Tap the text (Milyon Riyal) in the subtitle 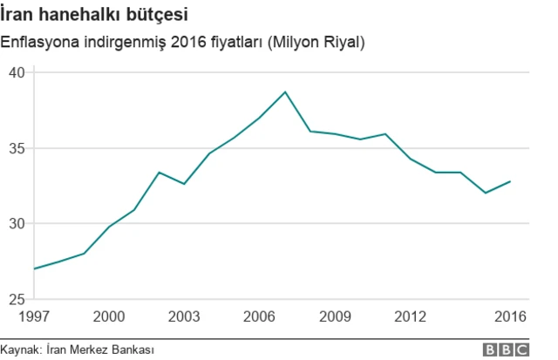(316, 42)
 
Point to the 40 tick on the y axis (15, 72)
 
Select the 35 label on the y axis (15, 148)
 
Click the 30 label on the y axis (15, 223)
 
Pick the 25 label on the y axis (15, 299)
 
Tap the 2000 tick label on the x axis (109, 316)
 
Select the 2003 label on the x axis (184, 316)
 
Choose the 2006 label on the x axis (260, 316)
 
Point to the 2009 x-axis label (335, 316)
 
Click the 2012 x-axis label (411, 316)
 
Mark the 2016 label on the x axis (511, 316)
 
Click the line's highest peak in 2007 (285, 92)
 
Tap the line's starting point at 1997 (34, 268)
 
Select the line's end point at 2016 (511, 181)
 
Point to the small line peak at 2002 (159, 172)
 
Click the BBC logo (507, 349)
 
